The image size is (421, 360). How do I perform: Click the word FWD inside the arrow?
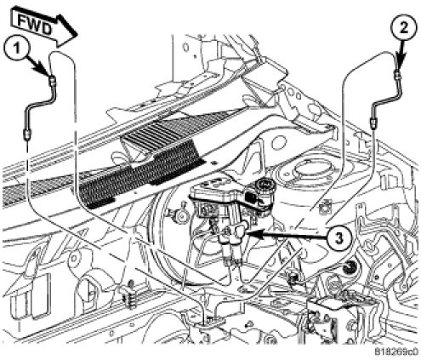(x=34, y=25)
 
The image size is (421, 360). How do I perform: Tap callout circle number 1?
(x=17, y=49)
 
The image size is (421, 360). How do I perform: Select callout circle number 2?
(x=403, y=28)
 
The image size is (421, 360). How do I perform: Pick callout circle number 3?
(x=339, y=237)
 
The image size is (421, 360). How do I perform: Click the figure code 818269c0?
(x=396, y=352)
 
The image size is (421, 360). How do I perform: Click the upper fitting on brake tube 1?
(x=52, y=82)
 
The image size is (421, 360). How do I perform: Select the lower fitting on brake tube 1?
(x=26, y=134)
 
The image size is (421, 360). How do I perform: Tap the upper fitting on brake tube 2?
(x=398, y=76)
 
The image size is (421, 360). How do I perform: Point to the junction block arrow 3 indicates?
(x=232, y=233)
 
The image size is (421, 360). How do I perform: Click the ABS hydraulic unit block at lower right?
(x=343, y=315)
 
